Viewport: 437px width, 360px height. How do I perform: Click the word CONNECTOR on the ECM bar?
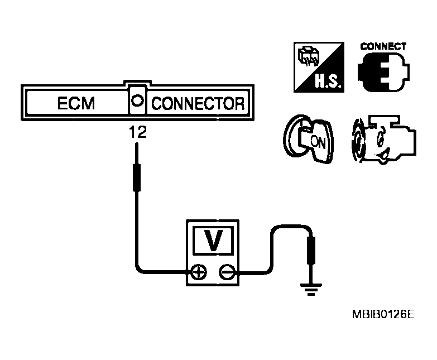pyautogui.click(x=198, y=104)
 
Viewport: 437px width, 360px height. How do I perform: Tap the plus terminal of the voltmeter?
pyautogui.click(x=198, y=273)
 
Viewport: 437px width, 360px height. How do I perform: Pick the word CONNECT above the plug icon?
pyautogui.click(x=384, y=47)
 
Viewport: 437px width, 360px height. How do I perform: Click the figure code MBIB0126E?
pyautogui.click(x=382, y=315)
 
